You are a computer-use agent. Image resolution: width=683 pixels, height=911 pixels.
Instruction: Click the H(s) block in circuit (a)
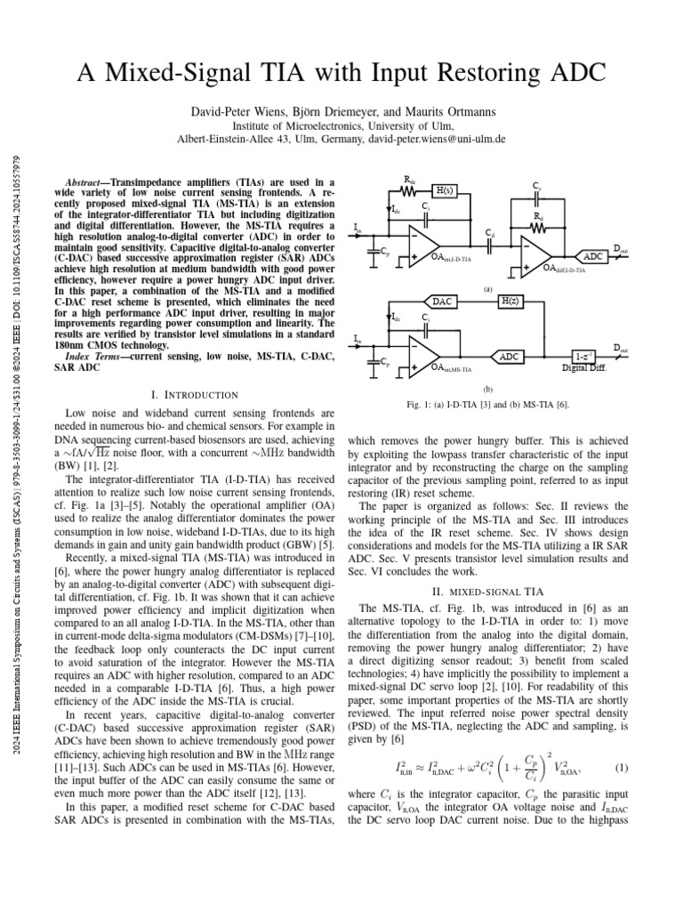[443, 190]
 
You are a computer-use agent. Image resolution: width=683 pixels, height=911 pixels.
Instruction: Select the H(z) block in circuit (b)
[510, 302]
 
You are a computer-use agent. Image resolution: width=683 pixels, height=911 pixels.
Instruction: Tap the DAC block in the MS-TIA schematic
[444, 302]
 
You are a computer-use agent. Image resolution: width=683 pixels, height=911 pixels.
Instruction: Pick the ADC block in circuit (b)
[510, 356]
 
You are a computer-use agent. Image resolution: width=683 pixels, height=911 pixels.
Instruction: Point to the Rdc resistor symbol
[409, 189]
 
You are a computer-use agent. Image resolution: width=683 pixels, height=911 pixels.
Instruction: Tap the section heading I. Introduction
[197, 394]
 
